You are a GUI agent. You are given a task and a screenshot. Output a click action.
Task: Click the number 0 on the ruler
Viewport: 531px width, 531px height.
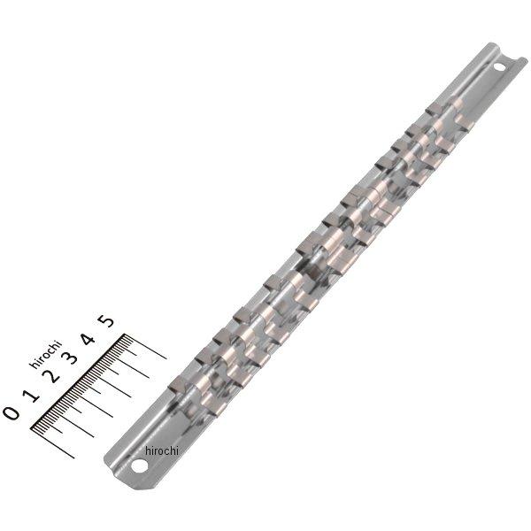[11, 412]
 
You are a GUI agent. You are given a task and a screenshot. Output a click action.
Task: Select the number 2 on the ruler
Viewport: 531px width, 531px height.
[53, 375]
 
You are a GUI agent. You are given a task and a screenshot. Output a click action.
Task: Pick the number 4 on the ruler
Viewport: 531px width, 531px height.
[89, 339]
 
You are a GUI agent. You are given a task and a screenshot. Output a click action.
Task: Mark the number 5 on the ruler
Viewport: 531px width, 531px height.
[108, 322]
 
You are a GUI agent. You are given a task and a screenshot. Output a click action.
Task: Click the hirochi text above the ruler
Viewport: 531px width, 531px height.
[45, 353]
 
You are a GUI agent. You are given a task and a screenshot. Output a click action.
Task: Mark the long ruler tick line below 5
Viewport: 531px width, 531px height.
[150, 350]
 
